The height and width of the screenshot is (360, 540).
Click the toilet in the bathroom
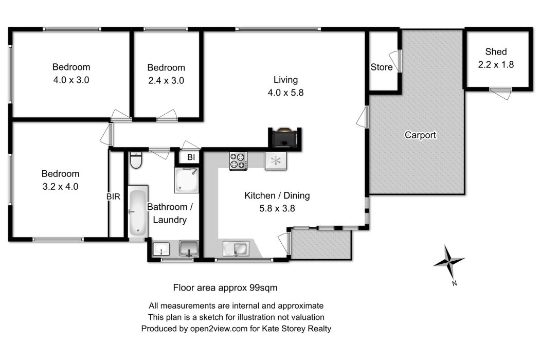click(136, 160)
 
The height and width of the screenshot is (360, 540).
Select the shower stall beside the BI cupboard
click(186, 180)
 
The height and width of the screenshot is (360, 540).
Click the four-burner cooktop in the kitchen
click(238, 161)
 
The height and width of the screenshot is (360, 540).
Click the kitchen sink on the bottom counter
click(236, 249)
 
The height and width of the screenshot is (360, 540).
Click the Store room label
click(381, 67)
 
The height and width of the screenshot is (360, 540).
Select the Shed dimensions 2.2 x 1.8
click(496, 64)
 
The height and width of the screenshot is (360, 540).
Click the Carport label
click(420, 135)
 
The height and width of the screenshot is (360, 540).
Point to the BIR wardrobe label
click(113, 196)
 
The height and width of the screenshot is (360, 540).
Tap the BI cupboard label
click(191, 157)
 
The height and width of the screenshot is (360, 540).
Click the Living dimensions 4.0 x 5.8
click(285, 93)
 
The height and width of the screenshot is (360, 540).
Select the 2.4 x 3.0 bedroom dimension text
click(166, 81)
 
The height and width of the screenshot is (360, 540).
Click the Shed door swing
click(500, 94)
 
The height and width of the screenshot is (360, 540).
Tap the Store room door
click(395, 61)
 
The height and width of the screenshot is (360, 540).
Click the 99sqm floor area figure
click(263, 287)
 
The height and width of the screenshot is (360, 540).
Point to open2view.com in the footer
click(219, 329)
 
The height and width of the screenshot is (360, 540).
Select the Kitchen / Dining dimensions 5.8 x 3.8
click(277, 208)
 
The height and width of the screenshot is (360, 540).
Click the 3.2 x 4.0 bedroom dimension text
click(60, 187)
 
